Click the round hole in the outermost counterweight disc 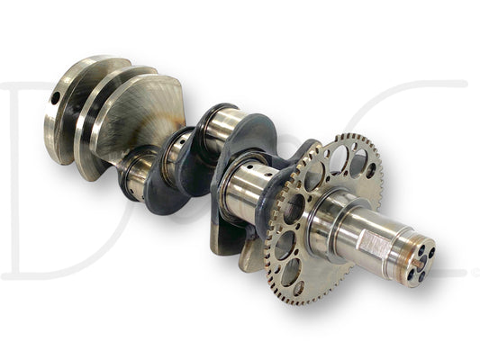click(x=54, y=96)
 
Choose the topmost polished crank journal click(x=221, y=126)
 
